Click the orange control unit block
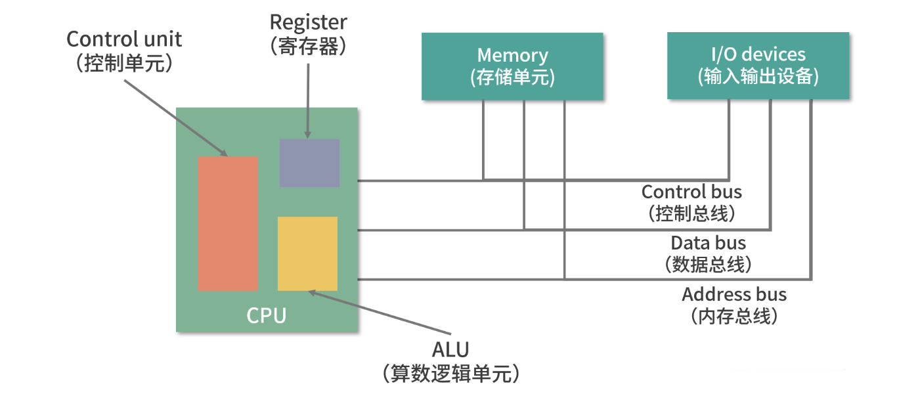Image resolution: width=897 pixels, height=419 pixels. point(228,223)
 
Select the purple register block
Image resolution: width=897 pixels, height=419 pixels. point(309,163)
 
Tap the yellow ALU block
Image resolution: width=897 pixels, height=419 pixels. point(307,254)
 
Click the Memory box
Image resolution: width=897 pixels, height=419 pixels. point(512,66)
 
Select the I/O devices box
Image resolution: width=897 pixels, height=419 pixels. point(758,66)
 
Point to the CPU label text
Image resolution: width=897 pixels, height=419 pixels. point(267,315)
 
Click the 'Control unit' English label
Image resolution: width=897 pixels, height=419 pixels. point(124,39)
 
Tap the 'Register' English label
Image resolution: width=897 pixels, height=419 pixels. point(308,22)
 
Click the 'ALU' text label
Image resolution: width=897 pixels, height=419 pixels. point(450,349)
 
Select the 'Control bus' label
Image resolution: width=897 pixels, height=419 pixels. point(691,192)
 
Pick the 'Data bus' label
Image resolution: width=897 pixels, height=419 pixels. point(708,243)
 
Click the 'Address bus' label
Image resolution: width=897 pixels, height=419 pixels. point(734,294)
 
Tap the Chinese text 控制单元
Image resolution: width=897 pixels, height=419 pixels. point(124,63)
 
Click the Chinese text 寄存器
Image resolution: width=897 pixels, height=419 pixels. point(308,46)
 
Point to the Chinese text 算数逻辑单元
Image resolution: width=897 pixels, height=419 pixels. point(450,373)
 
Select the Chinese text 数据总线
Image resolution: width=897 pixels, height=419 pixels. point(708,265)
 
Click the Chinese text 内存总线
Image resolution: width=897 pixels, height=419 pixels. point(734,317)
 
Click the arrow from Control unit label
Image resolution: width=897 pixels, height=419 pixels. point(177,115)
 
